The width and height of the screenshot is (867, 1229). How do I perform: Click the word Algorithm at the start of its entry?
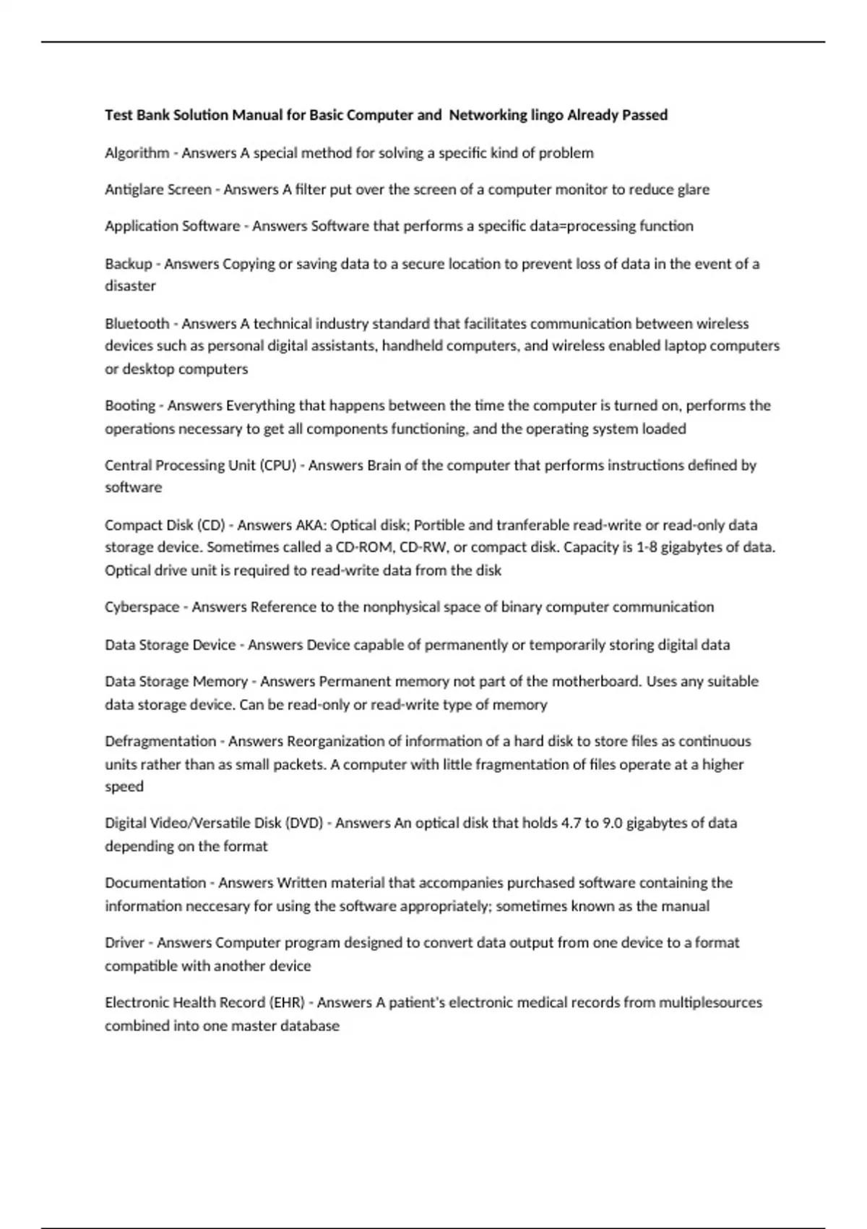tap(137, 153)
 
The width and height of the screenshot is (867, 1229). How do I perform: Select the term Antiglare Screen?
tap(158, 189)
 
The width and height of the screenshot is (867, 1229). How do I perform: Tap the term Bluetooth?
tap(137, 324)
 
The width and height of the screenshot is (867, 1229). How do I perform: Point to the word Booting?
tap(130, 406)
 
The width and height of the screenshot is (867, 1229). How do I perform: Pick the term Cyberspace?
tap(142, 607)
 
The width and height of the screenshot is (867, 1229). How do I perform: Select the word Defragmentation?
tap(160, 742)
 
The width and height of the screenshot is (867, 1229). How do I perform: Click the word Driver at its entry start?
tap(125, 943)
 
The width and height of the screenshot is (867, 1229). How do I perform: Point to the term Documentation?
tap(155, 883)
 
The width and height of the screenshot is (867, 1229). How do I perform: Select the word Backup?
tap(129, 264)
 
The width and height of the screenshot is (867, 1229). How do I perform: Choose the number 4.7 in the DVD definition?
tap(571, 823)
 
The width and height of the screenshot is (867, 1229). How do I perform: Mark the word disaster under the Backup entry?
tap(130, 286)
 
